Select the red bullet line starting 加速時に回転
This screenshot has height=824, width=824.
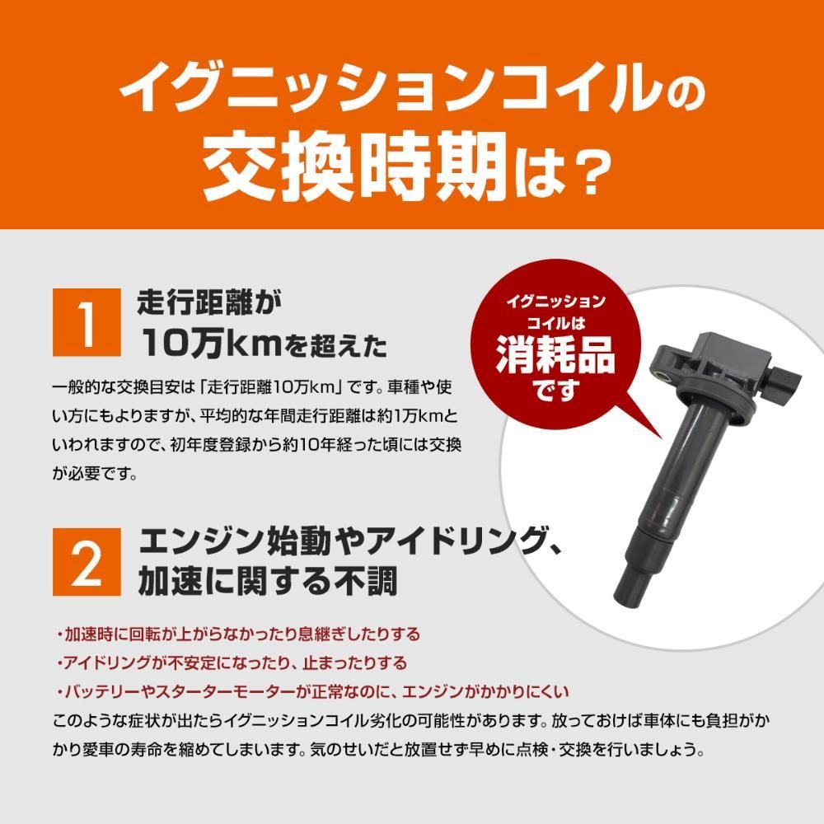coord(239,634)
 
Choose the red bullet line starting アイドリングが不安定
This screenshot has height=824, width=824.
coord(232,662)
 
